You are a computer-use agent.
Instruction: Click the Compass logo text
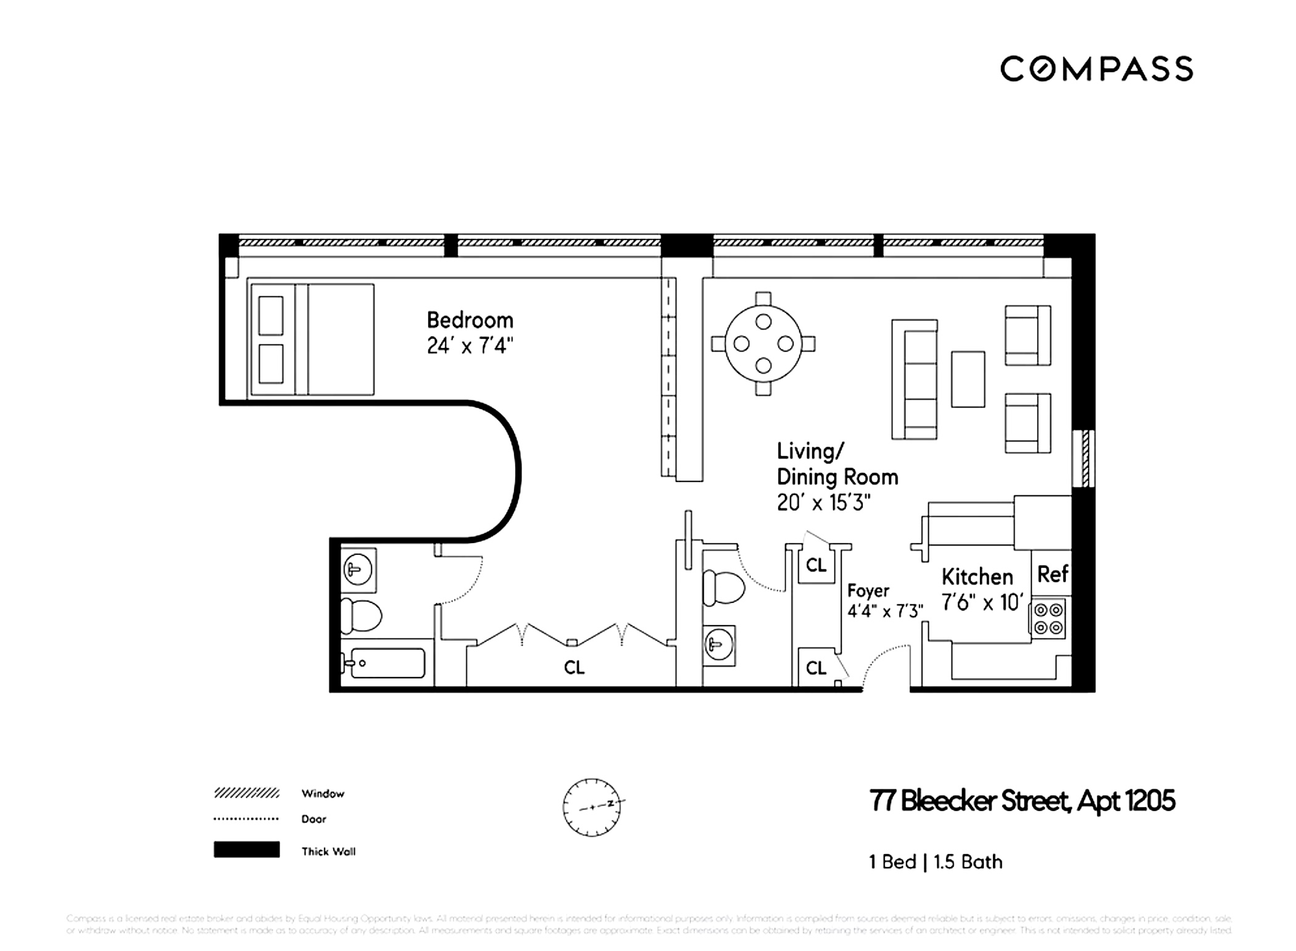coord(1096,69)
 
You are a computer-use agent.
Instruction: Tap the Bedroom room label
coord(470,320)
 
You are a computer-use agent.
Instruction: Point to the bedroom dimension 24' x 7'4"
coord(470,346)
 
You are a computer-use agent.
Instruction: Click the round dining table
coord(763,343)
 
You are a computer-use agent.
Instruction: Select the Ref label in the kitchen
coord(1052,574)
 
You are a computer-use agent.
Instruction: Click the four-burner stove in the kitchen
coord(1049,618)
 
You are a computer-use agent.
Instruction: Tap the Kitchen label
coord(977,577)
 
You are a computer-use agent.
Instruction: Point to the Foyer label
coord(868,591)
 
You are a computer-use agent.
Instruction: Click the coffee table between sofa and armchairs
coord(967,379)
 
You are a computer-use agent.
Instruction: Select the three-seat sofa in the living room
coord(915,379)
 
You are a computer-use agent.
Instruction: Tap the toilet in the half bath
coord(723,587)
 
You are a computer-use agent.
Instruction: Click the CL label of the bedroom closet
coord(574,667)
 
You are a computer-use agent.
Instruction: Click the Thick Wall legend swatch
coord(246,850)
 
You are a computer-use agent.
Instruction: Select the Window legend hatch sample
coord(246,793)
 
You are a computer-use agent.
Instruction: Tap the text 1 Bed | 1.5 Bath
coord(935,862)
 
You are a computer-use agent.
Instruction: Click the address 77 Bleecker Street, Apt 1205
coord(1021,801)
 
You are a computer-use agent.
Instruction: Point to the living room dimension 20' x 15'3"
coord(823,503)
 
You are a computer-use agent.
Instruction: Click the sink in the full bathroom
coord(357,569)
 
